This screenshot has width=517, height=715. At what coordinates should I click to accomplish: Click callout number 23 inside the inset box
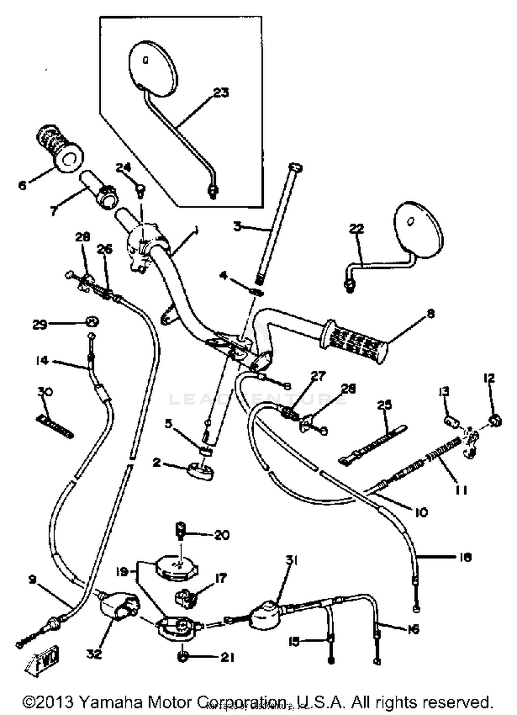pyautogui.click(x=221, y=93)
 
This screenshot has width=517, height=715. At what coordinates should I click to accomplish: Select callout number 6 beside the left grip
pyautogui.click(x=22, y=185)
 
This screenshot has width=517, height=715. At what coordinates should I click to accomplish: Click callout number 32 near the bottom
pyautogui.click(x=94, y=654)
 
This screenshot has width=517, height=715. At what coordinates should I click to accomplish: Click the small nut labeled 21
pyautogui.click(x=182, y=657)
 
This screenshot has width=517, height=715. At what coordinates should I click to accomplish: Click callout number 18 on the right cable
pyautogui.click(x=465, y=557)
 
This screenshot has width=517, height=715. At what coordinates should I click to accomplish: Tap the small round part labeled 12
pyautogui.click(x=495, y=421)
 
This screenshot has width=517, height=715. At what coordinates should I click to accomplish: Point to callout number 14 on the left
pyautogui.click(x=42, y=361)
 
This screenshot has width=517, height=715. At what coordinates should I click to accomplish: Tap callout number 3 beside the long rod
pyautogui.click(x=237, y=227)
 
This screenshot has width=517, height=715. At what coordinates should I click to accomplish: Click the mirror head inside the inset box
pyautogui.click(x=153, y=68)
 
